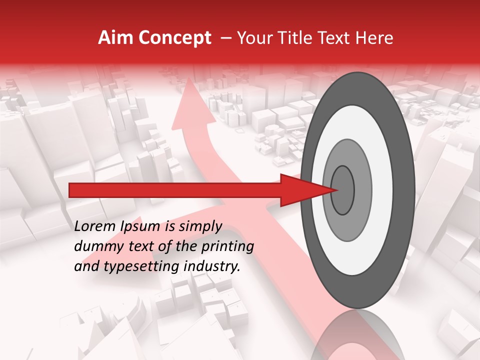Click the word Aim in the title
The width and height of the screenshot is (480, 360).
click(x=114, y=38)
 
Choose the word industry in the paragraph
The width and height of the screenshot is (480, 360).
click(x=212, y=266)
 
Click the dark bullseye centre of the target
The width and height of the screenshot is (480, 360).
click(x=343, y=190)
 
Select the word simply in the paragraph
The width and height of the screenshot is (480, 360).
click(x=200, y=226)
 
